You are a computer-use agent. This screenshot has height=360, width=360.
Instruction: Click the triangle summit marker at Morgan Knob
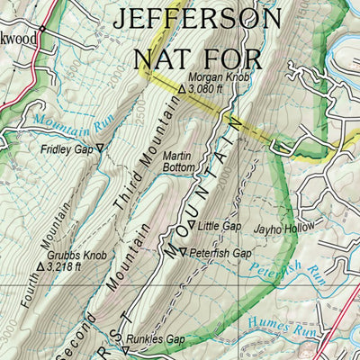pos(183,90)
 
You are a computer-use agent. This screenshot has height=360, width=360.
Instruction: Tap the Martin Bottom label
pos(179,161)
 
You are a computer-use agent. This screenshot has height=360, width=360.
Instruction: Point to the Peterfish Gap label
pos(220,254)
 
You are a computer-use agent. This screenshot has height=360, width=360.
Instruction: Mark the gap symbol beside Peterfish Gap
pos(183,253)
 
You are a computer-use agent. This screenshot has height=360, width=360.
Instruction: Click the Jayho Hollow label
pos(283,229)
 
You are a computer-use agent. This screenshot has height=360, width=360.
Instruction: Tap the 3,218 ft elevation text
pos(65,266)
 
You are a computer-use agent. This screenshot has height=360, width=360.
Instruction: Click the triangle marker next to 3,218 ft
pos(40,266)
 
